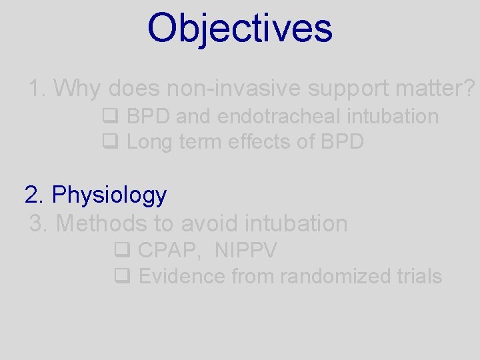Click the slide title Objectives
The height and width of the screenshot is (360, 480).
pyautogui.click(x=239, y=28)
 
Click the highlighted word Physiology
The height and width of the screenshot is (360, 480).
pyautogui.click(x=109, y=195)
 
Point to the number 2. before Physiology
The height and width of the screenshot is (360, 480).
pyautogui.click(x=34, y=195)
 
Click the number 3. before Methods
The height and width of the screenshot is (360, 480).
pyautogui.click(x=39, y=223)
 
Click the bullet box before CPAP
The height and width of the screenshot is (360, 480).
pyautogui.click(x=121, y=252)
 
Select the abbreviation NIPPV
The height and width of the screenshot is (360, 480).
pyautogui.click(x=246, y=251)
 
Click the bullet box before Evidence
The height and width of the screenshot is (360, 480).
pyautogui.click(x=121, y=277)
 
